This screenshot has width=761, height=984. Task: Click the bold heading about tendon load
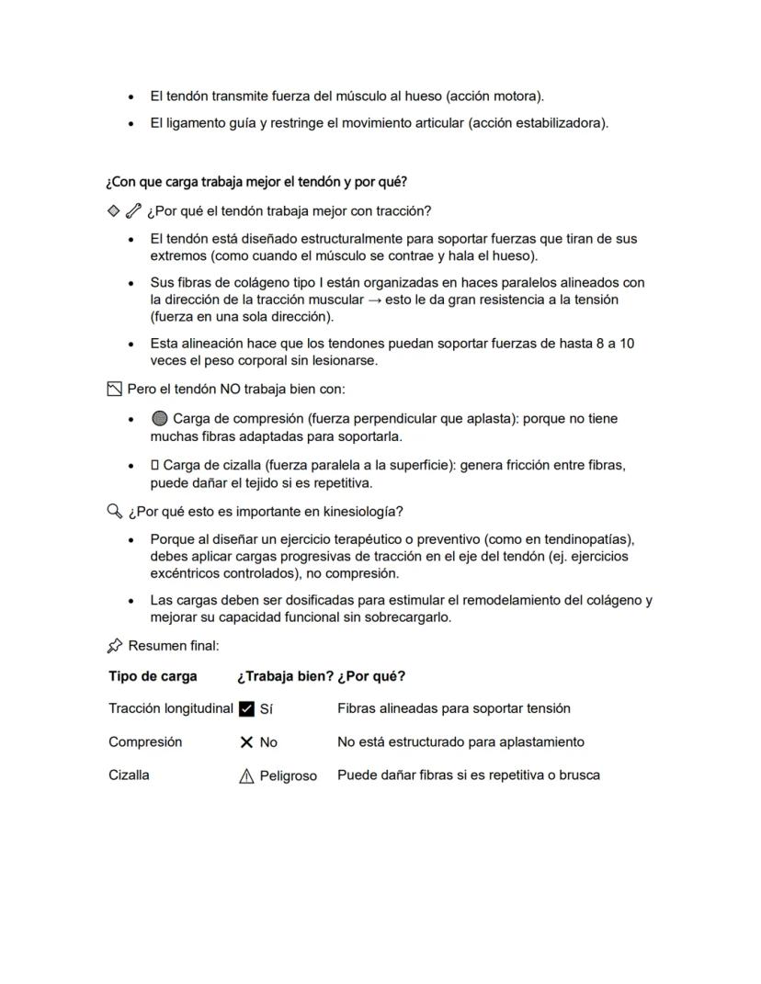pyautogui.click(x=256, y=181)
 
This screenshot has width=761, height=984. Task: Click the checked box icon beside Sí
pyautogui.click(x=246, y=708)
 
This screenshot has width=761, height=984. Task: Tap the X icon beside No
pyautogui.click(x=246, y=742)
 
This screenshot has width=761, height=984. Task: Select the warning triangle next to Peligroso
pyautogui.click(x=246, y=776)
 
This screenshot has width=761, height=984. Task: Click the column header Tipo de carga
pyautogui.click(x=153, y=676)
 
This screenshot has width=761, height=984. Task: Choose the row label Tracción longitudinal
pyautogui.click(x=171, y=708)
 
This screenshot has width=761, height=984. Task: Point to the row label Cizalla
pyautogui.click(x=129, y=775)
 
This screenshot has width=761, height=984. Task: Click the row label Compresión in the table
pyautogui.click(x=145, y=741)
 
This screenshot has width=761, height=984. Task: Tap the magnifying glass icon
pyautogui.click(x=115, y=511)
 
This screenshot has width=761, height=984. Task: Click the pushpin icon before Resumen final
pyautogui.click(x=115, y=646)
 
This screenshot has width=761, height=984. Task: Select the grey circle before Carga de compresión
pyautogui.click(x=159, y=419)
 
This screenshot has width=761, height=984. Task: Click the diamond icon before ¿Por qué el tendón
pyautogui.click(x=114, y=210)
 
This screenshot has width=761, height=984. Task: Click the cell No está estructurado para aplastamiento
pyautogui.click(x=460, y=741)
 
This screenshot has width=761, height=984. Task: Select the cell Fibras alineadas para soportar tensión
pyautogui.click(x=454, y=708)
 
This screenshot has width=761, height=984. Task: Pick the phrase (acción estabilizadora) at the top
pyautogui.click(x=538, y=123)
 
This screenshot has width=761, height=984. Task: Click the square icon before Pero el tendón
pyautogui.click(x=114, y=390)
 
